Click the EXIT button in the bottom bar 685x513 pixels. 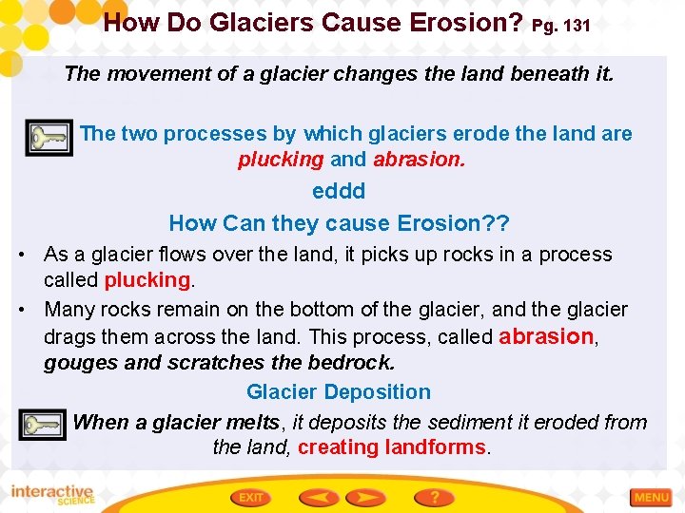[252, 497]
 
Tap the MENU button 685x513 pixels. [651, 497]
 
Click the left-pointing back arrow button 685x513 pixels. [319, 497]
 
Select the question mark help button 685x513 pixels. [433, 497]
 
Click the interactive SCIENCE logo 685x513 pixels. [52, 495]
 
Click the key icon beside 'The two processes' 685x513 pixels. [47, 139]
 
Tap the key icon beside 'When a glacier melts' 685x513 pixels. [43, 426]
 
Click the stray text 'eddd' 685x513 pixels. [339, 191]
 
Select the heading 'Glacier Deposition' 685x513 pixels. [338, 391]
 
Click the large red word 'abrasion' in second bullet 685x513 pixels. [546, 336]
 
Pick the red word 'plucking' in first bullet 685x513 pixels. [147, 280]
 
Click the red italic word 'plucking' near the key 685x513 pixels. [281, 160]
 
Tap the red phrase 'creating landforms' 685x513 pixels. [391, 447]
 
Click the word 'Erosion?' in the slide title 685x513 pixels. [458, 23]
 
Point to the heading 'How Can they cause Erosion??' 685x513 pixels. [339, 223]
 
